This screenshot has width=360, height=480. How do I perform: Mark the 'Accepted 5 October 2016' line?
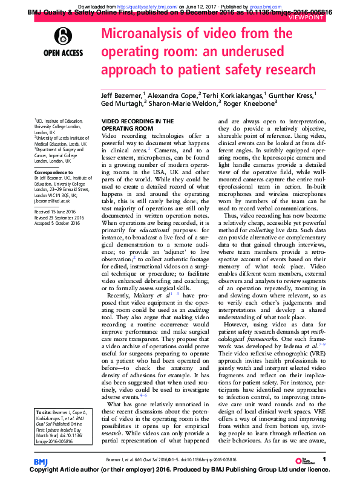57,224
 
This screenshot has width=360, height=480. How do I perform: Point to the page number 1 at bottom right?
325,460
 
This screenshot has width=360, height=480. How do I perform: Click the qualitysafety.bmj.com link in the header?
144,5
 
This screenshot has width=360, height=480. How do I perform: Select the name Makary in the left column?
152,296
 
